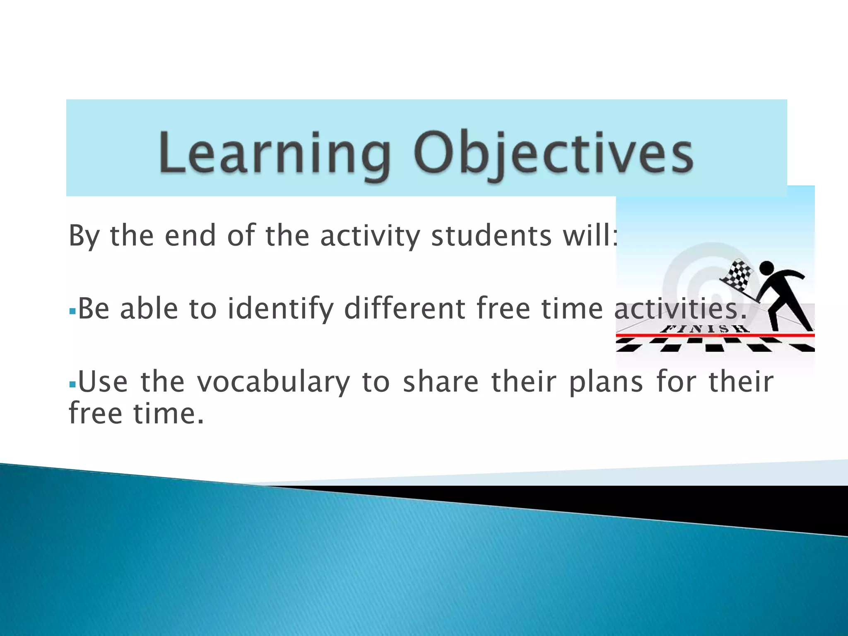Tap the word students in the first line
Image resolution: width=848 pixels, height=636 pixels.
click(x=491, y=236)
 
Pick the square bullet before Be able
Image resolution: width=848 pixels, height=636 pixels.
click(x=72, y=311)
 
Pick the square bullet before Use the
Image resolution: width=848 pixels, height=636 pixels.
click(x=72, y=384)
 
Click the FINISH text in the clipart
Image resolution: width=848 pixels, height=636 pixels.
click(x=704, y=329)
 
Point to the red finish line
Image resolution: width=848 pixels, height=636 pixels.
click(x=662, y=335)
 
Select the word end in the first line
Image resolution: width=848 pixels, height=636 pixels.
click(x=190, y=236)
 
